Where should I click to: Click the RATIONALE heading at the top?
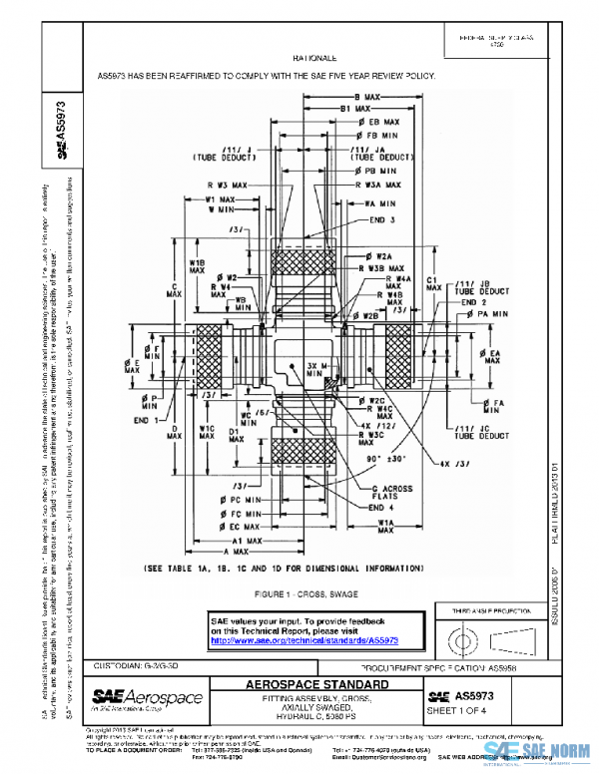coord(315,60)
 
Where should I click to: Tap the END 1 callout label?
coord(148,420)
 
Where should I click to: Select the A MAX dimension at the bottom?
coord(237,552)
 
